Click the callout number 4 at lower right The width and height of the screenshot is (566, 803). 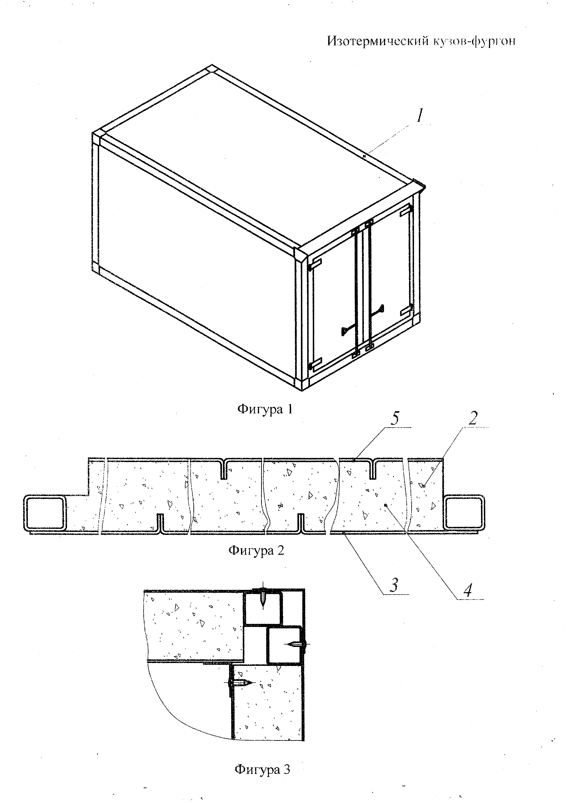(x=467, y=590)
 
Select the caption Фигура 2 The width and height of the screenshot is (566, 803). (x=256, y=551)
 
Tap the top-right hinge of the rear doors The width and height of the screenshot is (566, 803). (x=406, y=211)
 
